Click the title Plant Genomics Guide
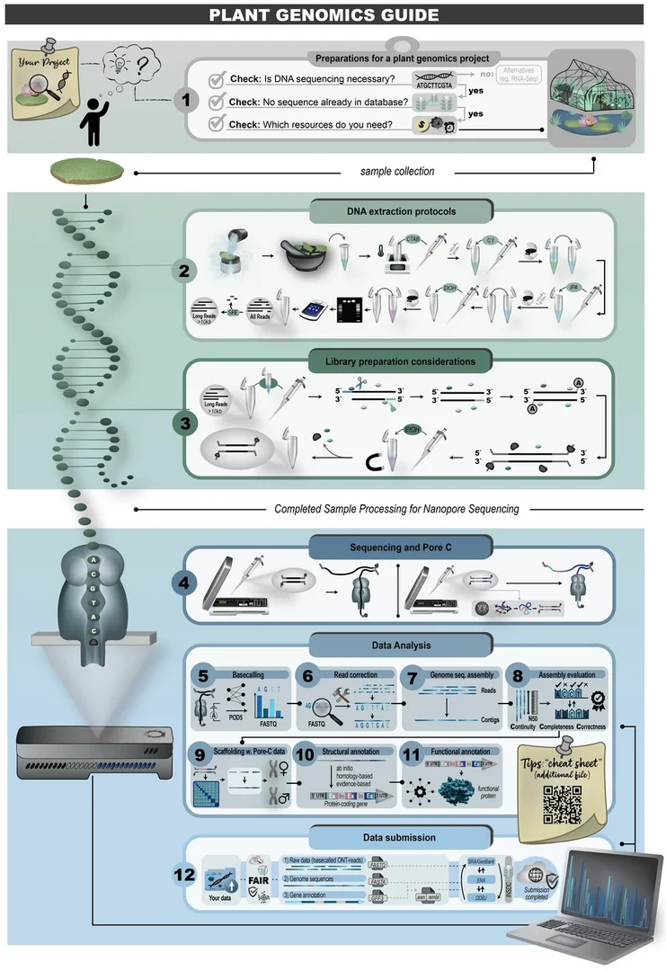(x=333, y=14)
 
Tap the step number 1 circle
(x=186, y=100)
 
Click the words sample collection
(x=396, y=171)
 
